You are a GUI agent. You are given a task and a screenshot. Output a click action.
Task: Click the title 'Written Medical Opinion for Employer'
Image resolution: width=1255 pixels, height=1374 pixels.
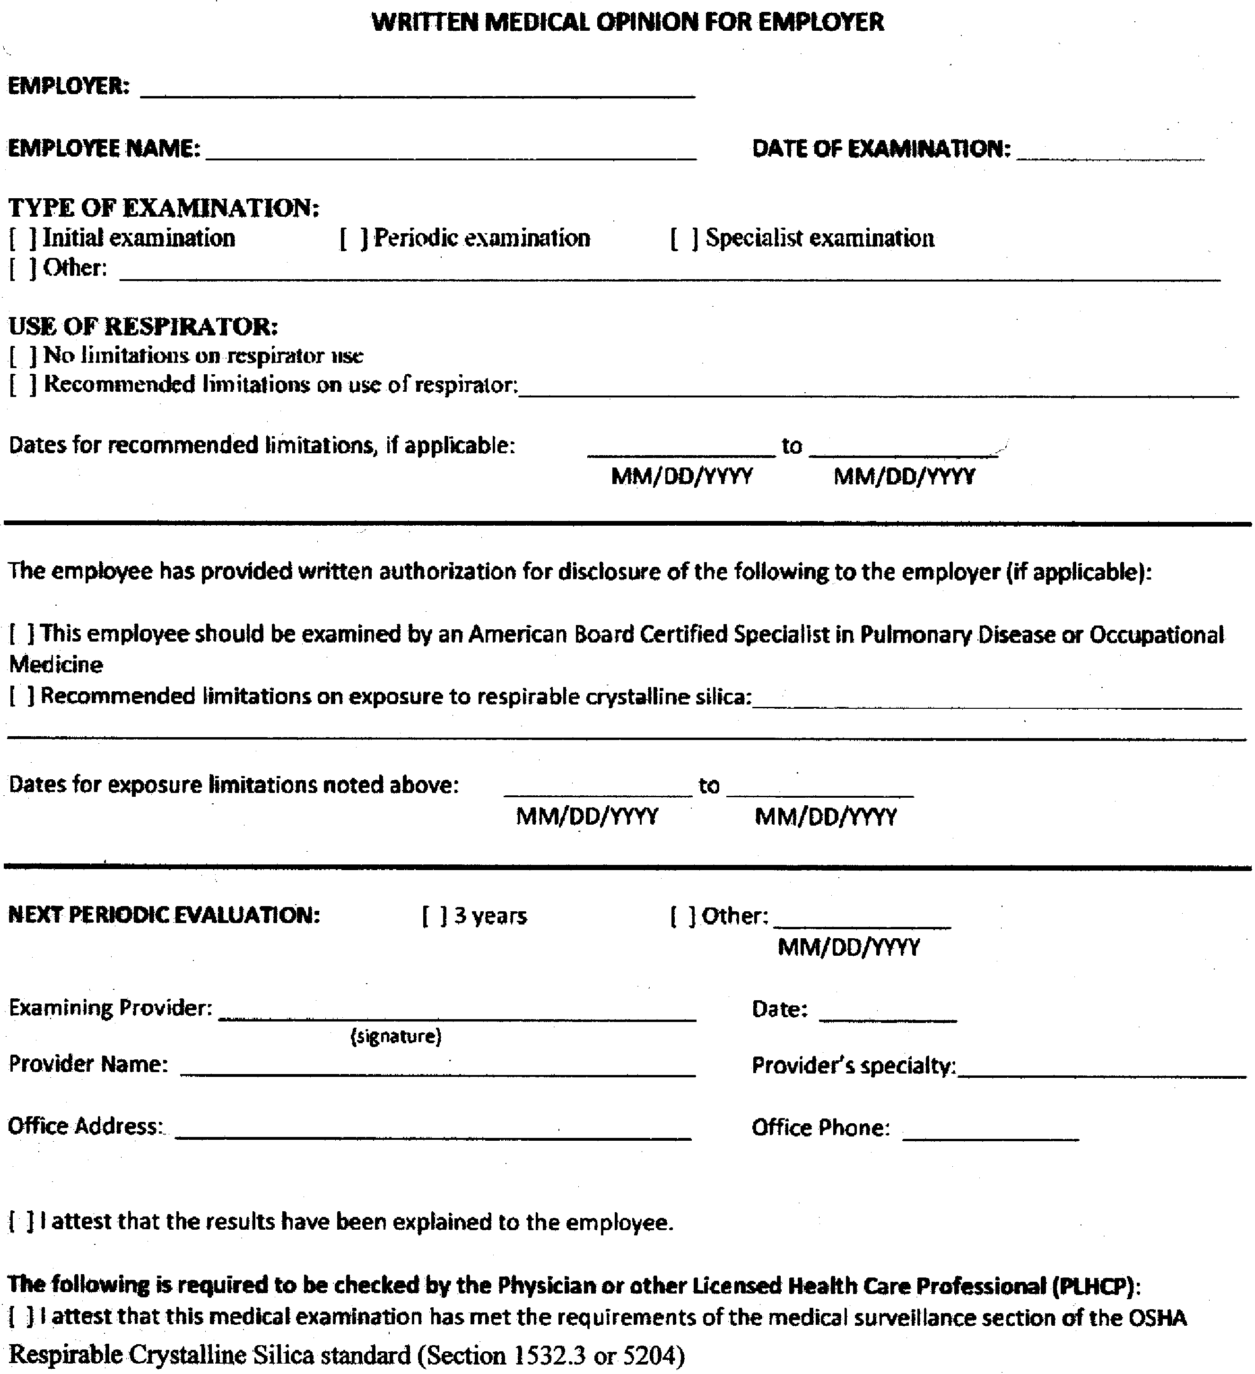point(627,23)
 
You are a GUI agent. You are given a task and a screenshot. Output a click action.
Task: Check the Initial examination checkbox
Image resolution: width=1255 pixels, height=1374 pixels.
point(23,238)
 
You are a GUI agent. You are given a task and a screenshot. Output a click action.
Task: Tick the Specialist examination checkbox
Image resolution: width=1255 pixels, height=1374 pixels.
point(684,238)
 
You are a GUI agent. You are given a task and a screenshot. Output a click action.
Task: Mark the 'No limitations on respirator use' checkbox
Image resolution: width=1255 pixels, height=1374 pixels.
point(23,355)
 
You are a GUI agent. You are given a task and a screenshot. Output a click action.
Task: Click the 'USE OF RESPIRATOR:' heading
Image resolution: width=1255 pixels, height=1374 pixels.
point(143,326)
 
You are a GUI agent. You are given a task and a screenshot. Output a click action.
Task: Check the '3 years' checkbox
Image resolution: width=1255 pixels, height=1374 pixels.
point(434,916)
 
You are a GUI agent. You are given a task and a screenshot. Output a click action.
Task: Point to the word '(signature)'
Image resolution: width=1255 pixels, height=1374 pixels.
point(396,1037)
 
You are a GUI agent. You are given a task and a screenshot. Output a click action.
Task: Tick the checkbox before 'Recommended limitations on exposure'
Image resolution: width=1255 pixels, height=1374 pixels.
point(21,696)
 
